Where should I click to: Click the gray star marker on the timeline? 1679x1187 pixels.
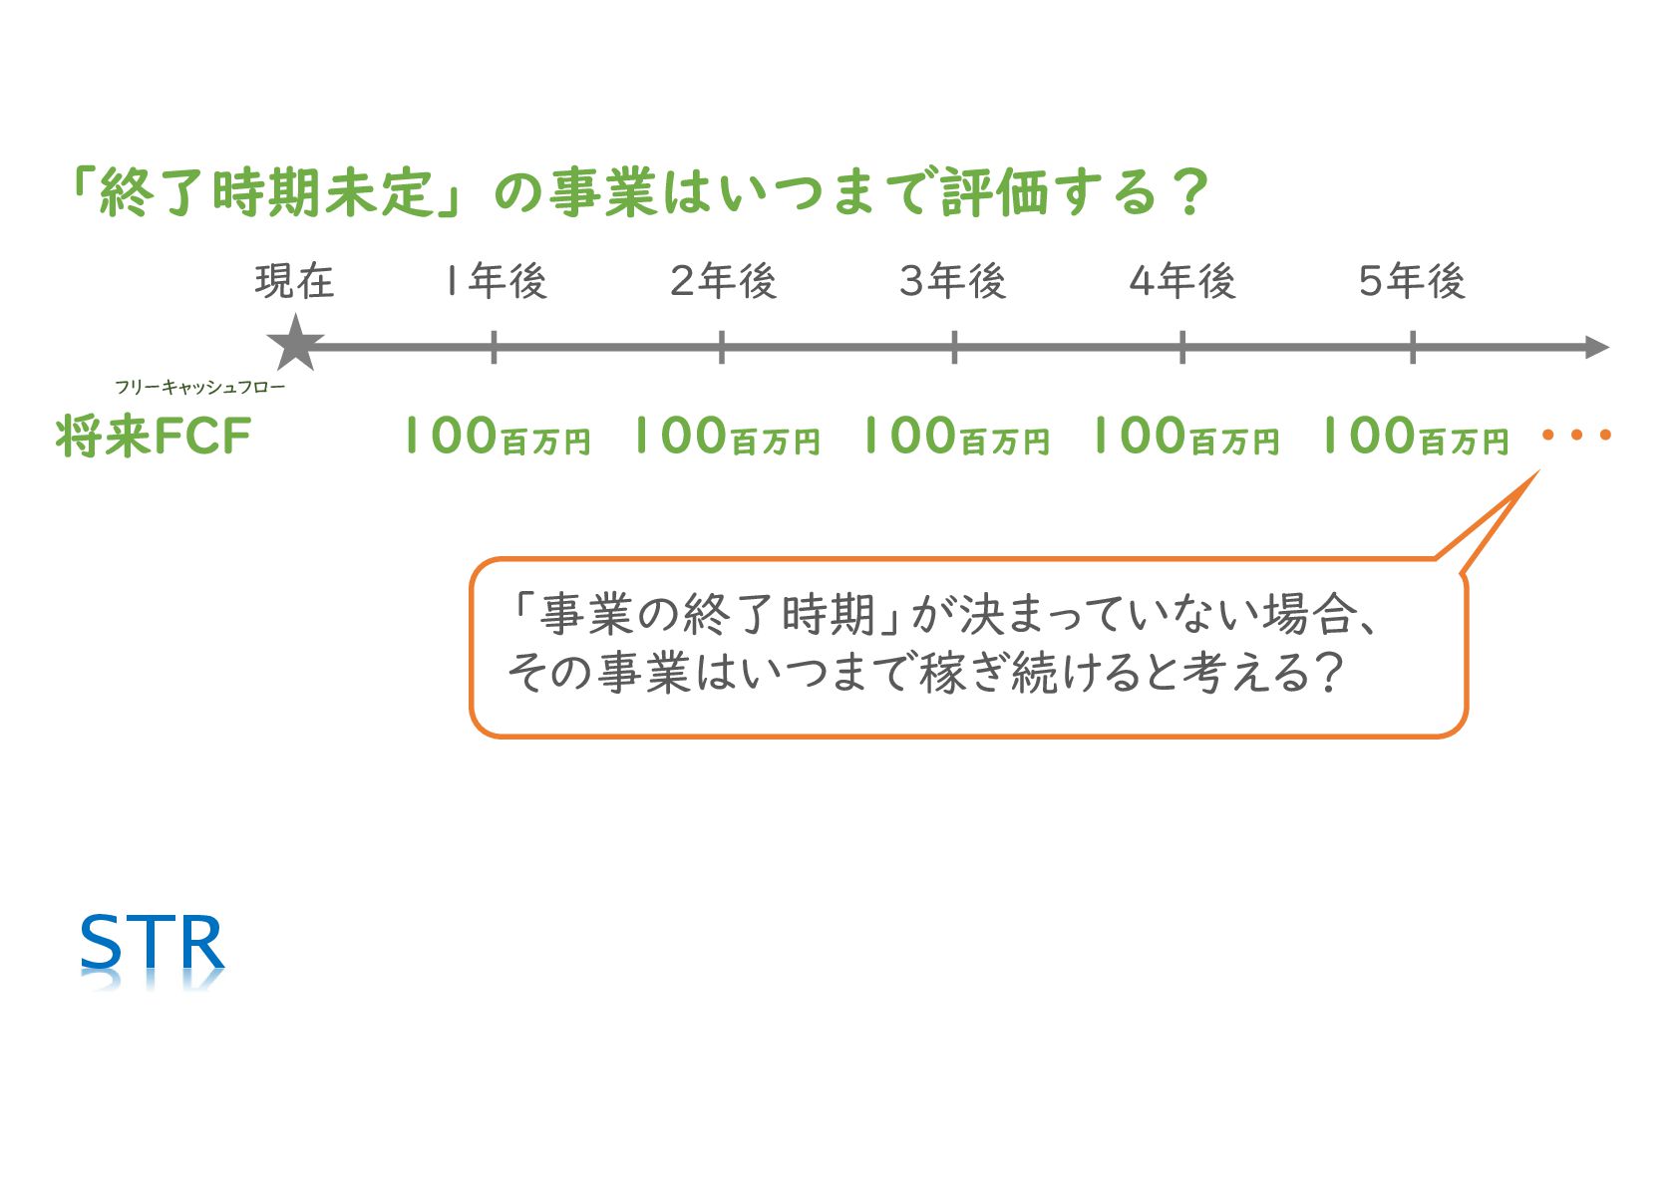[x=295, y=344]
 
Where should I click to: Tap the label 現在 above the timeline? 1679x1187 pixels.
[x=294, y=282]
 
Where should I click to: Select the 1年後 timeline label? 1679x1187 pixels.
[x=496, y=282]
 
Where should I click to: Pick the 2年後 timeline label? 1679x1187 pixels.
[x=723, y=282]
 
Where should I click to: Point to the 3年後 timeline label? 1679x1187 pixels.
[x=952, y=282]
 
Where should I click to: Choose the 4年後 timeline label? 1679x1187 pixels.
[x=1182, y=282]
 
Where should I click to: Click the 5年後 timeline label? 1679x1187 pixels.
[x=1412, y=282]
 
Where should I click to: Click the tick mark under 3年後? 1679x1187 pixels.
[x=954, y=347]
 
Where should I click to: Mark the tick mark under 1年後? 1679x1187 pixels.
[x=494, y=347]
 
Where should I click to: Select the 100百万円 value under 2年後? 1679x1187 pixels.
[x=726, y=437]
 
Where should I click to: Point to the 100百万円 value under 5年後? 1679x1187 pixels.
[x=1414, y=437]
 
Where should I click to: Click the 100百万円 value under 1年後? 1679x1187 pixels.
[x=497, y=437]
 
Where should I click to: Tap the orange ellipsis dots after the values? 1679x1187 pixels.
[x=1576, y=435]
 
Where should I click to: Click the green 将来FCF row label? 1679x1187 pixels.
[x=154, y=437]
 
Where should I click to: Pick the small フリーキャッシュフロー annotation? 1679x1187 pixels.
[x=199, y=387]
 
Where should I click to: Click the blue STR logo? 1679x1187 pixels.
[x=152, y=944]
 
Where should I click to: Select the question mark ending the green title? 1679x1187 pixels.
[x=1190, y=192]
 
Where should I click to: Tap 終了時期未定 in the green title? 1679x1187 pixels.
[x=266, y=192]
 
